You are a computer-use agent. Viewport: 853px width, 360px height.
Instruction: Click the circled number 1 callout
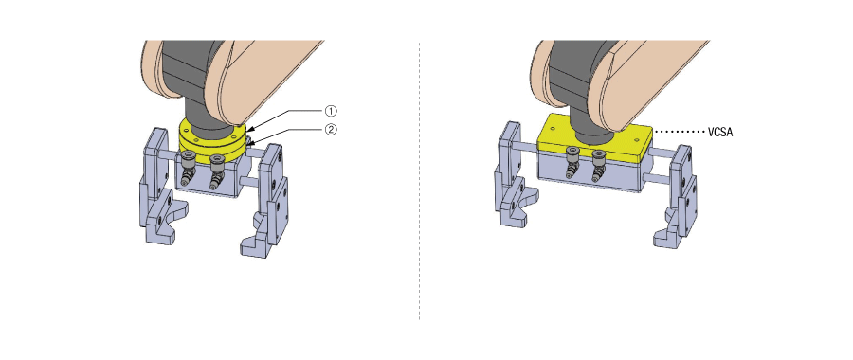(x=331, y=111)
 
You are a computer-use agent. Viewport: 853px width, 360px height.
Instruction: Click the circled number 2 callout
(x=331, y=130)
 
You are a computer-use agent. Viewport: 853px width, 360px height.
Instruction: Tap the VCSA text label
(x=720, y=132)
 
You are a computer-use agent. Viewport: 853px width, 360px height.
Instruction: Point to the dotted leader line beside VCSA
(x=679, y=132)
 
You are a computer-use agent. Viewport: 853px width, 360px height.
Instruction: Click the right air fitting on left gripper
(x=216, y=171)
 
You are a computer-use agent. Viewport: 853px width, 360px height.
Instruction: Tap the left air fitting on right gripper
(x=572, y=162)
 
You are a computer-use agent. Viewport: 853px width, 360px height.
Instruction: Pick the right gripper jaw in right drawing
(x=676, y=197)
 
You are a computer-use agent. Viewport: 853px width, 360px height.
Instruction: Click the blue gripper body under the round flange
(x=207, y=179)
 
